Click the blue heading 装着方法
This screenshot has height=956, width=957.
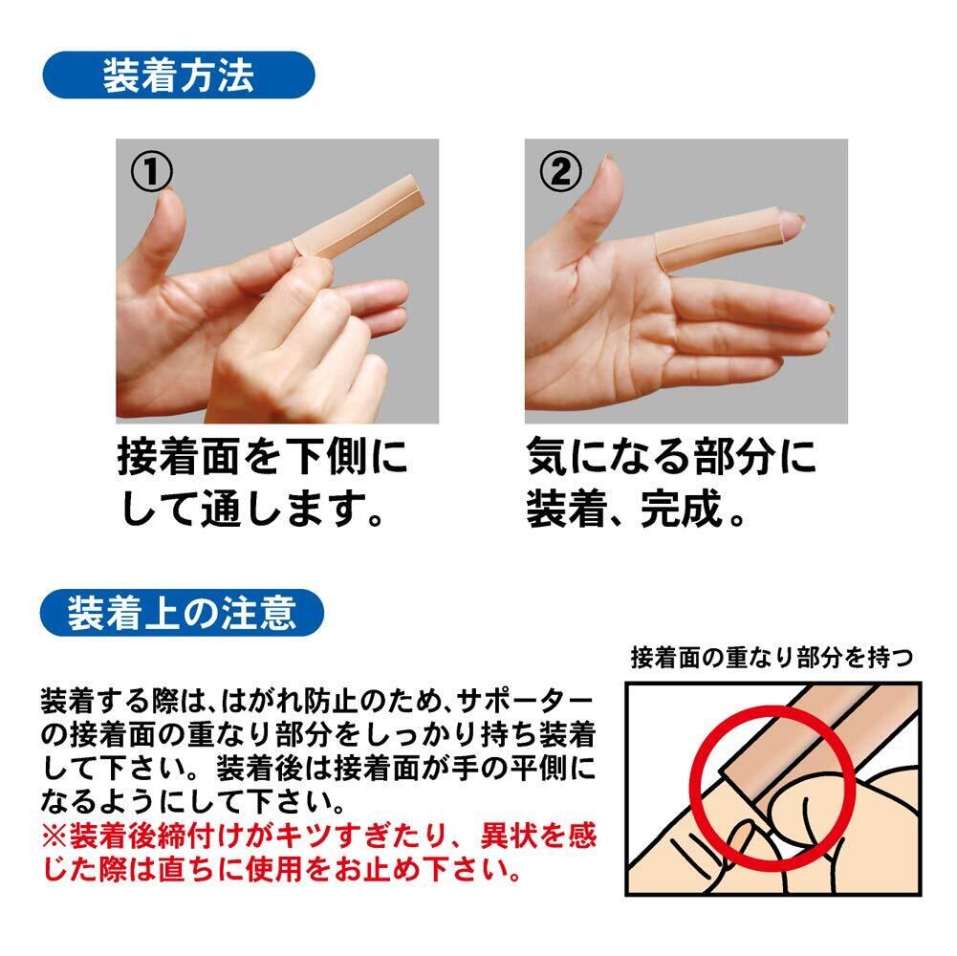(178, 76)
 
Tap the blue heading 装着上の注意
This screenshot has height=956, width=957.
(182, 613)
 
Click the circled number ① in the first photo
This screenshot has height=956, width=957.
(151, 171)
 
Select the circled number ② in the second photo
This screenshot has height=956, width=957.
(561, 171)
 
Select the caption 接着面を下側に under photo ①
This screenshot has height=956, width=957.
(263, 457)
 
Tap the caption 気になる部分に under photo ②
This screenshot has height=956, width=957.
(671, 457)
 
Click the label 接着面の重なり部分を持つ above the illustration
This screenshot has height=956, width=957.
(772, 658)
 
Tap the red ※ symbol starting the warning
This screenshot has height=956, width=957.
(54, 836)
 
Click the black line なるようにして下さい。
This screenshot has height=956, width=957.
(193, 801)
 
